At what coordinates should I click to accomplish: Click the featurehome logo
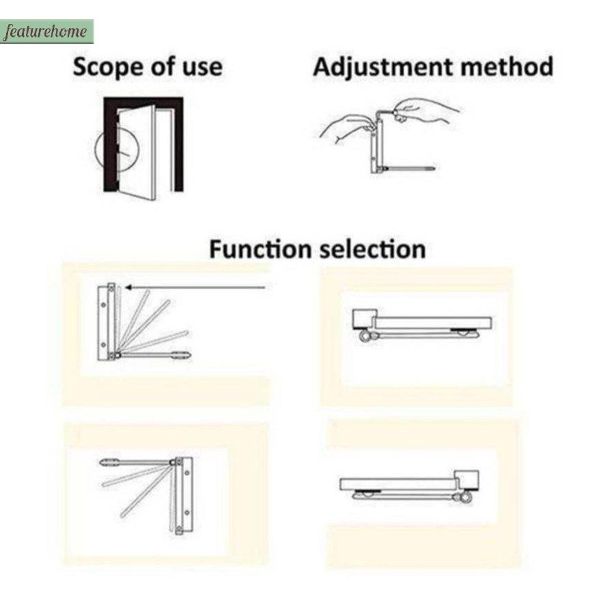coord(46,31)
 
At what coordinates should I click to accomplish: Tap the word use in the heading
coord(202,68)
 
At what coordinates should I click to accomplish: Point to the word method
coord(506,66)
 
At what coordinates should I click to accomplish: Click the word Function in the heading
coord(260,249)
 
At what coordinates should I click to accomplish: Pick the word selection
coord(373,249)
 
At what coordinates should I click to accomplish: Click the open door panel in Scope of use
coord(137,152)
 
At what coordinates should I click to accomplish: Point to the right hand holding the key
coord(425,111)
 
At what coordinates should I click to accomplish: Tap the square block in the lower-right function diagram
coord(466,481)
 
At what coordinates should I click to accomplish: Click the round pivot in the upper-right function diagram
coord(365,336)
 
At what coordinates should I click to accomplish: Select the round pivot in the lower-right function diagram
coord(465,497)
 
